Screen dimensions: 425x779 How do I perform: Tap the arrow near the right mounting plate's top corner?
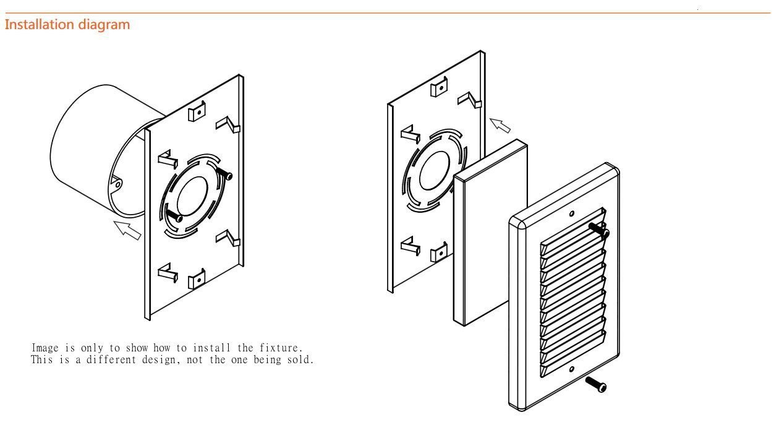(x=500, y=125)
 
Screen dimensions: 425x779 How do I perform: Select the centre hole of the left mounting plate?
(x=195, y=196)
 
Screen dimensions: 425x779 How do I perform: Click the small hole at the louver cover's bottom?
(x=571, y=369)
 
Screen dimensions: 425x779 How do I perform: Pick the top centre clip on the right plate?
(x=439, y=88)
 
